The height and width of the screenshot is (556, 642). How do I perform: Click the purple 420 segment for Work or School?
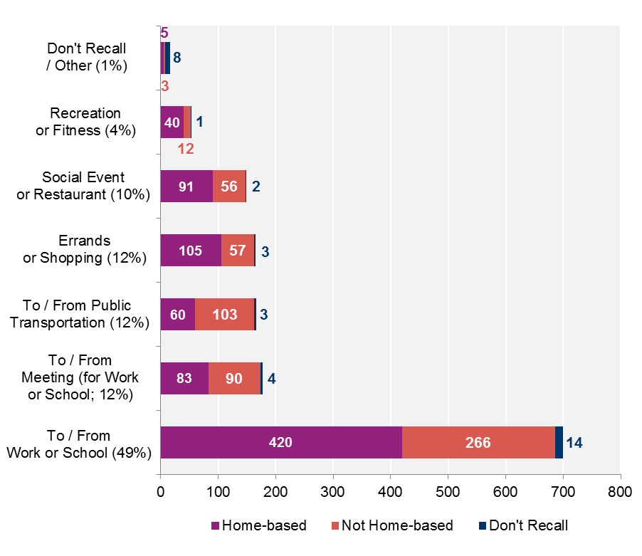(x=280, y=442)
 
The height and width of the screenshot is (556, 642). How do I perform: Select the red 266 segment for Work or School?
(x=478, y=442)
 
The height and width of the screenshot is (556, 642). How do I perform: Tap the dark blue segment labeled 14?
(x=559, y=442)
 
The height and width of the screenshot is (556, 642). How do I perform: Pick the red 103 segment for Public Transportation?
(x=224, y=314)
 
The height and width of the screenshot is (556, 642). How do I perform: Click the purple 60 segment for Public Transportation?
(x=177, y=314)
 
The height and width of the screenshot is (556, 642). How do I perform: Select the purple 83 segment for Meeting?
(x=184, y=378)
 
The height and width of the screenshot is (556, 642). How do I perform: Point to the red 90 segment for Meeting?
(x=234, y=378)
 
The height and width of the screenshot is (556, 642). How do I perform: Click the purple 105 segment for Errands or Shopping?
(x=191, y=250)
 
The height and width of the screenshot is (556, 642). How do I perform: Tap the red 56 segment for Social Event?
(x=229, y=186)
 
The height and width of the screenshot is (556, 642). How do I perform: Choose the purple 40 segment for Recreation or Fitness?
(x=172, y=122)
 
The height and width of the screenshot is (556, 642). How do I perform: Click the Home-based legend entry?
(x=259, y=526)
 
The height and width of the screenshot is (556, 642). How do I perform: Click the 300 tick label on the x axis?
(x=333, y=491)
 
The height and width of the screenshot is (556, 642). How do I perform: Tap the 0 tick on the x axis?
(x=161, y=491)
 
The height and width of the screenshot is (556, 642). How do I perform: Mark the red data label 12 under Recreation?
(x=186, y=149)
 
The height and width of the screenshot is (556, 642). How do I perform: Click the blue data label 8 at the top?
(x=177, y=58)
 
